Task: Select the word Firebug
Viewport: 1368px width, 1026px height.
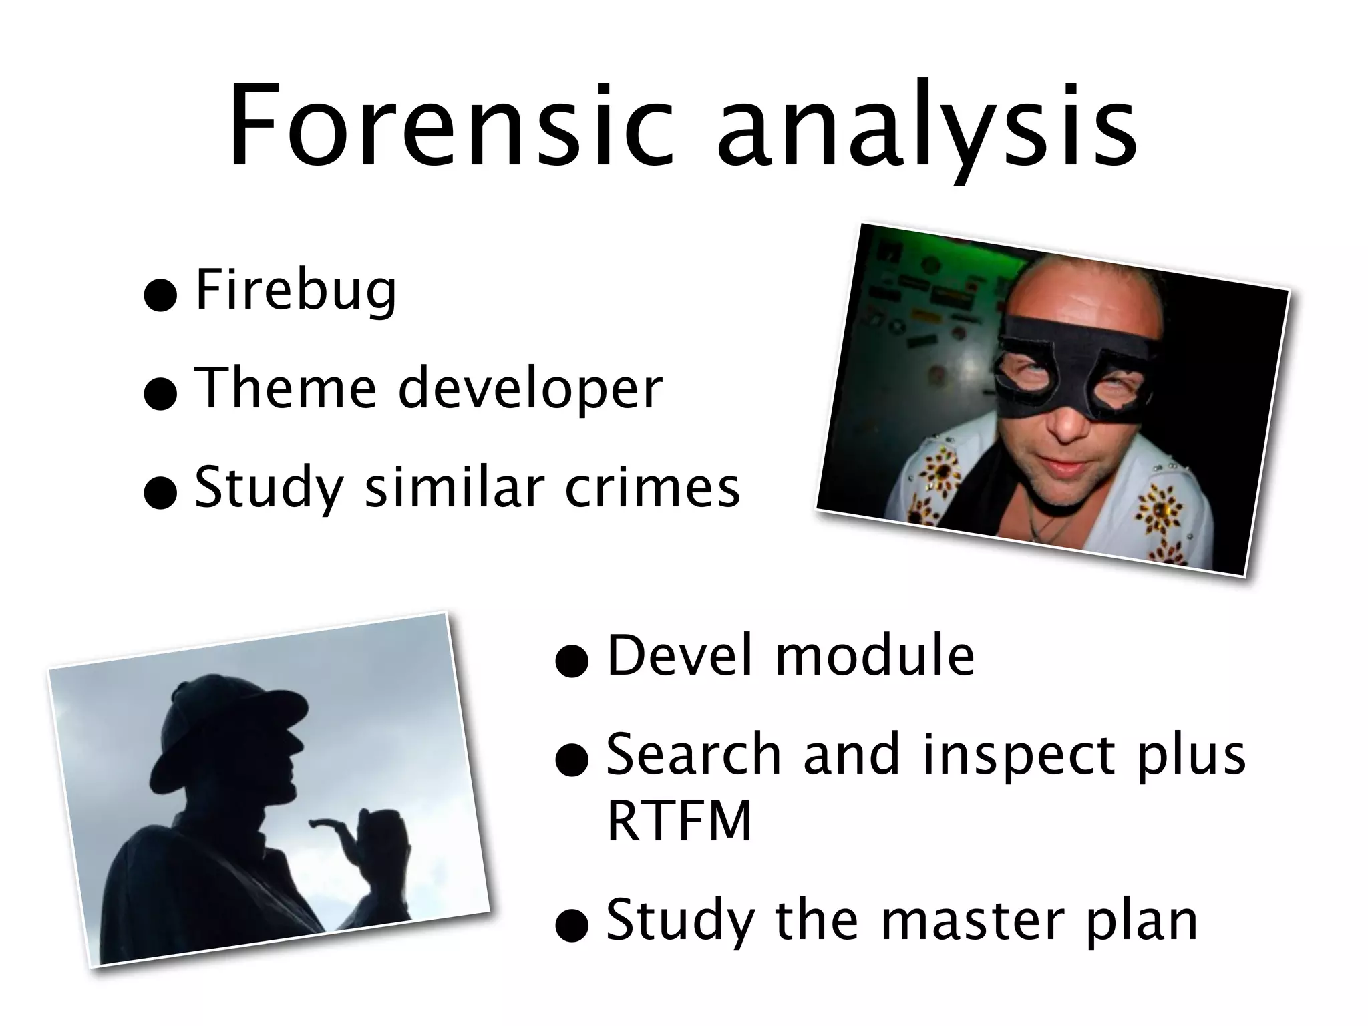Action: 296,291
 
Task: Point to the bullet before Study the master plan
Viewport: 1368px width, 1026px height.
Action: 572,928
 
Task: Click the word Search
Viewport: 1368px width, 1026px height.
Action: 694,755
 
